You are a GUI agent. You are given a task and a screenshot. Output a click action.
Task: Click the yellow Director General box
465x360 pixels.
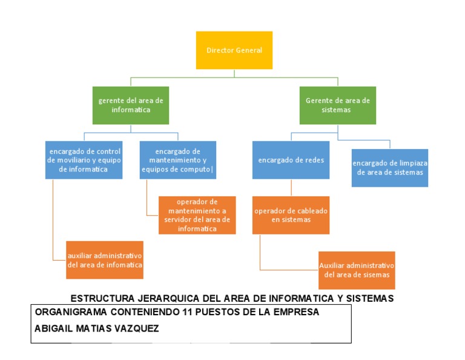[x=234, y=50]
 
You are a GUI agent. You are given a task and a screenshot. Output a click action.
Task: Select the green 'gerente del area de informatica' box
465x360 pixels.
[x=131, y=105]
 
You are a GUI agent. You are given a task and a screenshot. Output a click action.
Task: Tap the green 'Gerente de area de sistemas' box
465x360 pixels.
[x=337, y=105]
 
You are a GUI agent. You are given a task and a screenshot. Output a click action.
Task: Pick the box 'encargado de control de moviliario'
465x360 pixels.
[x=84, y=160]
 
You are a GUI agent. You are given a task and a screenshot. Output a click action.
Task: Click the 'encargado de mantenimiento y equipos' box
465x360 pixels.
[x=177, y=160]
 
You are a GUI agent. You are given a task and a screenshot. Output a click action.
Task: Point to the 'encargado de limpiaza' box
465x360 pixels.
[x=390, y=168]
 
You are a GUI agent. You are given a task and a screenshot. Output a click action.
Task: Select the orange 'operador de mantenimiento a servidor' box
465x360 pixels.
[x=197, y=215]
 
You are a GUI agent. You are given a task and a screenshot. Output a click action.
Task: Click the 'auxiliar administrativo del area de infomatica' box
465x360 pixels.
[x=105, y=261]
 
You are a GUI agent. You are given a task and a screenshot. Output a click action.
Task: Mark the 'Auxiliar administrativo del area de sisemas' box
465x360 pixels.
[x=357, y=270]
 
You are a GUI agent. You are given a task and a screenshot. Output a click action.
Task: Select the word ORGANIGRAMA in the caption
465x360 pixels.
[x=71, y=312]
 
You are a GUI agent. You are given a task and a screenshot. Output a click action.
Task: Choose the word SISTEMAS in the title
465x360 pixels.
[x=369, y=298]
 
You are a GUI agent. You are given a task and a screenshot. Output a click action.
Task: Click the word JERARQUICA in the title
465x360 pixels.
[x=170, y=298]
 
